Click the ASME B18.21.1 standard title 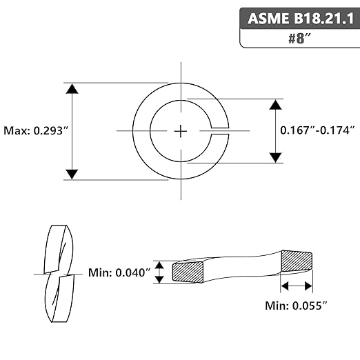pyautogui.click(x=301, y=18)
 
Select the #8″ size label pyautogui.click(x=300, y=39)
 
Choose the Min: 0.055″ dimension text pyautogui.click(x=296, y=306)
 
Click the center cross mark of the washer pyautogui.click(x=181, y=132)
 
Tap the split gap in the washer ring pyautogui.click(x=220, y=131)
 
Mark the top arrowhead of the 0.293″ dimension pyautogui.click(x=72, y=89)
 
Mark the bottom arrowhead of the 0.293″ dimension pyautogui.click(x=72, y=174)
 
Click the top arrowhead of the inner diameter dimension pyautogui.click(x=276, y=105)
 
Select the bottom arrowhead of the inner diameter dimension pyautogui.click(x=276, y=157)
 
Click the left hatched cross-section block pyautogui.click(x=188, y=272)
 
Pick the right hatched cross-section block pyautogui.click(x=297, y=261)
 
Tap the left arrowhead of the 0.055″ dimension pyautogui.click(x=285, y=286)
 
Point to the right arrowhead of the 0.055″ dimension pyautogui.click(x=308, y=286)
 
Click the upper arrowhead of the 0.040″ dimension pyautogui.click(x=159, y=265)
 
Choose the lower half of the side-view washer pyautogui.click(x=59, y=299)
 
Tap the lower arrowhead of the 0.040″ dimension pyautogui.click(x=159, y=279)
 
